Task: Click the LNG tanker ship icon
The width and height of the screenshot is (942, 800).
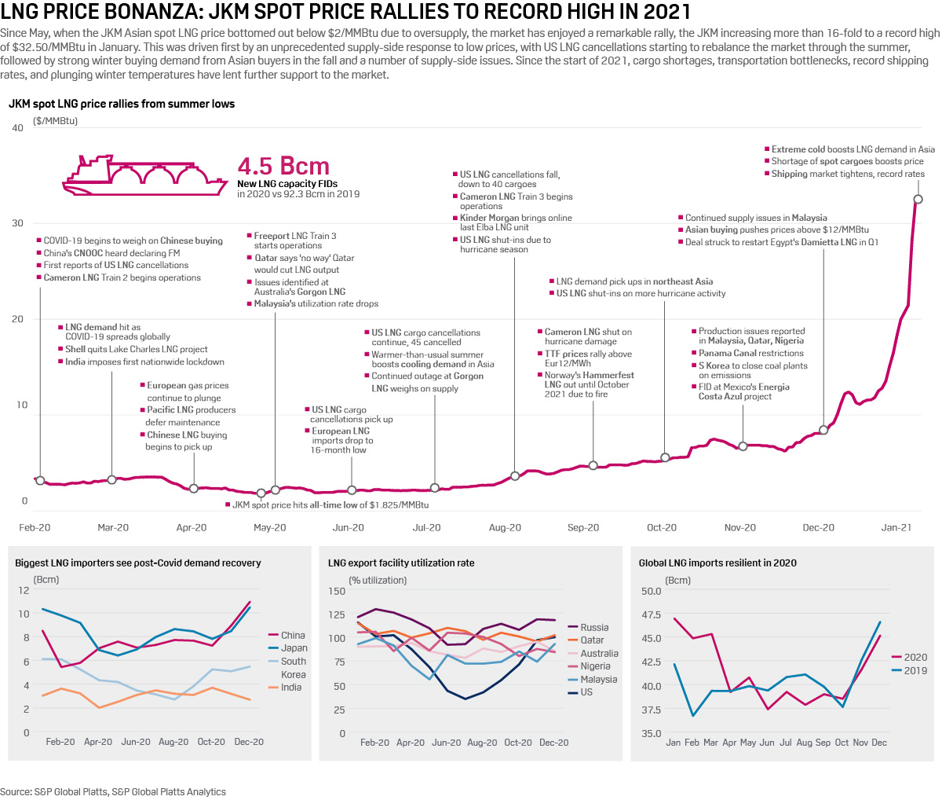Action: pyautogui.click(x=141, y=174)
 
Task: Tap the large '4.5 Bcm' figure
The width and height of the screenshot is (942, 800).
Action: pyautogui.click(x=283, y=167)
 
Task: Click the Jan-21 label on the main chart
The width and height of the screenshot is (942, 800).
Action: pyautogui.click(x=896, y=527)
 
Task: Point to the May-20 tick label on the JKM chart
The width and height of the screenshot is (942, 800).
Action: pyautogui.click(x=269, y=527)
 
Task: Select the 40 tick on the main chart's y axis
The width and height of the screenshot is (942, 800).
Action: pyautogui.click(x=17, y=128)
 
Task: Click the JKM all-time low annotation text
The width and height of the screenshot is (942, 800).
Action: pyautogui.click(x=330, y=505)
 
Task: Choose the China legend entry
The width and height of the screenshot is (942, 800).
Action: pyautogui.click(x=292, y=635)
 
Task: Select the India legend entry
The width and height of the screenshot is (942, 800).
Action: pyautogui.click(x=290, y=687)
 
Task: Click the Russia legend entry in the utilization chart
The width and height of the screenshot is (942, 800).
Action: pyautogui.click(x=594, y=627)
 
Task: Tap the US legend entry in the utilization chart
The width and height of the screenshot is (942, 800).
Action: pyautogui.click(x=586, y=692)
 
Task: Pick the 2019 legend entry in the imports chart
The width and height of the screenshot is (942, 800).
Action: pyautogui.click(x=915, y=670)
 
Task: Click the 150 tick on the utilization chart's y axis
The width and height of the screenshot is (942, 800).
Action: pyautogui.click(x=336, y=591)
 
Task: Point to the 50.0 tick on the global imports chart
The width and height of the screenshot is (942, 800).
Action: pyautogui.click(x=651, y=591)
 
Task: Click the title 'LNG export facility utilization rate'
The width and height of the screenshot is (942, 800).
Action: pyautogui.click(x=401, y=563)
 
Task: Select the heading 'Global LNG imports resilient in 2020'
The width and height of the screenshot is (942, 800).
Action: pyautogui.click(x=717, y=563)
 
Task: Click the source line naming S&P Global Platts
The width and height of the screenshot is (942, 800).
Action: pyautogui.click(x=113, y=791)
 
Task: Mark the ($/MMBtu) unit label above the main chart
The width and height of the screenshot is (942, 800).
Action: pyautogui.click(x=55, y=121)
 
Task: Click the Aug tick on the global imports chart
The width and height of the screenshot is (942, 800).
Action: pyautogui.click(x=803, y=743)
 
